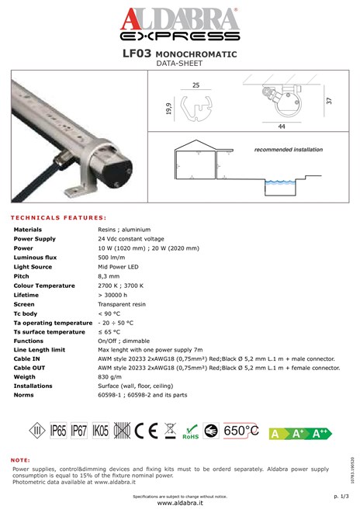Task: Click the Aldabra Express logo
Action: point(180,23)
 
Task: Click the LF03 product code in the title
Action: point(137,54)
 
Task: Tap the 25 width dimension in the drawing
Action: point(196,84)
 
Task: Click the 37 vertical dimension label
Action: point(330,102)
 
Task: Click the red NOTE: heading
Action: point(21,460)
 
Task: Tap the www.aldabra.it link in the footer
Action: point(179,503)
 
